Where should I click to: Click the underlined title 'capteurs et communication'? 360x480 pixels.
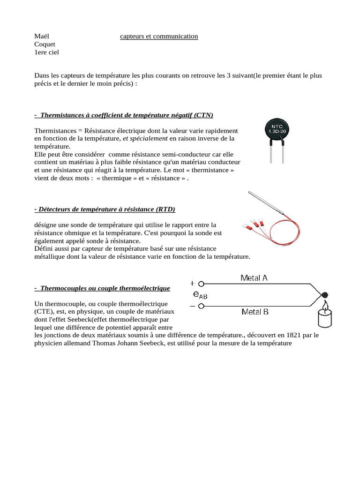[x=159, y=37]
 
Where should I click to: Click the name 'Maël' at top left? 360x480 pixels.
[x=42, y=37]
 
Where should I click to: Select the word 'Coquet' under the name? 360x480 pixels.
[x=45, y=45]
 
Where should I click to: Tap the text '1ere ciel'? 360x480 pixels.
[x=47, y=52]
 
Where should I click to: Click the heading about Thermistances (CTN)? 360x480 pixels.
[x=124, y=115]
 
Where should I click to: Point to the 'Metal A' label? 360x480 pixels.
[x=254, y=278]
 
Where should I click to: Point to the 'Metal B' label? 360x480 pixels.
[x=255, y=311]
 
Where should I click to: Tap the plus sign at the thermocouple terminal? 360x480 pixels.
[x=192, y=284]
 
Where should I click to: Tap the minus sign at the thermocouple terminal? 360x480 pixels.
[x=192, y=306]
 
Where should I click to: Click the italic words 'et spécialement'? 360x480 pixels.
[x=145, y=138]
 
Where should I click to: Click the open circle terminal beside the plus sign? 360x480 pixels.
[x=201, y=284]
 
